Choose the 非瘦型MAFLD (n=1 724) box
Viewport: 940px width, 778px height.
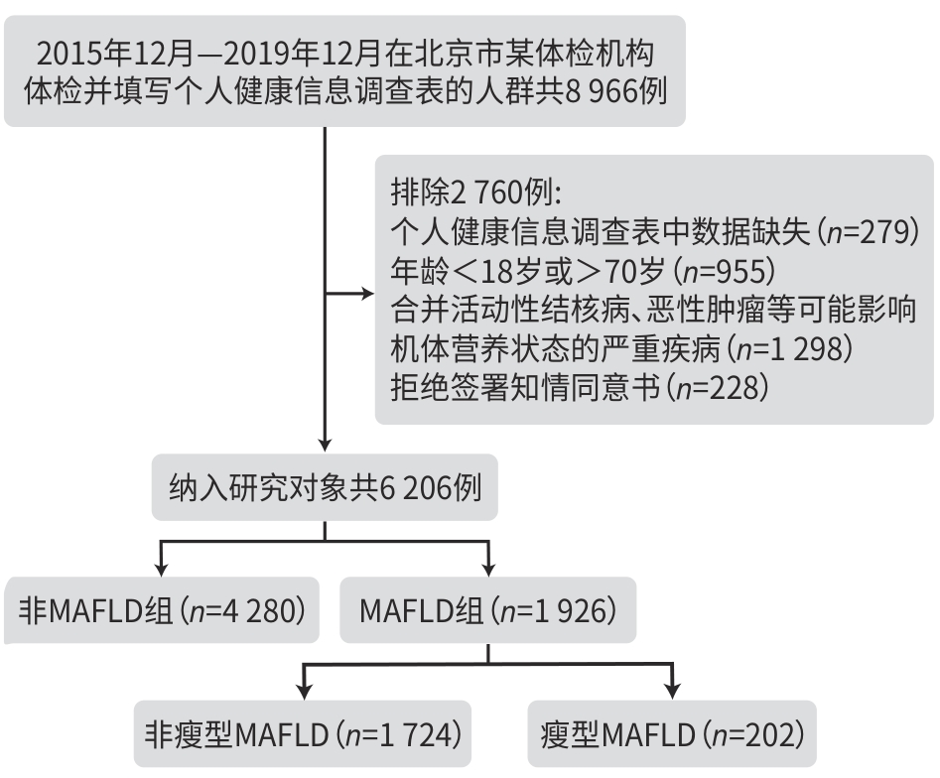(303, 735)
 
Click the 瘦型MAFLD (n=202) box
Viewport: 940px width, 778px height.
(674, 735)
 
